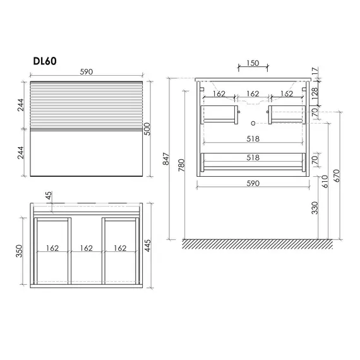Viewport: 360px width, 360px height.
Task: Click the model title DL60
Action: pos(45,61)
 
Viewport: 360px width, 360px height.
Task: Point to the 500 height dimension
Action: pos(147,129)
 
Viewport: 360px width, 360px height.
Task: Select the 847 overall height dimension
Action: pos(166,159)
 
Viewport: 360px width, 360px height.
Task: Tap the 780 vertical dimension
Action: pos(181,165)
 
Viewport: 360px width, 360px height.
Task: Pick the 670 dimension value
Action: pos(337,176)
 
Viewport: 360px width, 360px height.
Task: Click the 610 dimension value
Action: pos(325,181)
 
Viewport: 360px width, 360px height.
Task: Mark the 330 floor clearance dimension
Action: pos(315,208)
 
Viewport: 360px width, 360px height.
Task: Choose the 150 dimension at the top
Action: pos(253,63)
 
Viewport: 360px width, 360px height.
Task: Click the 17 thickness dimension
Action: pos(315,71)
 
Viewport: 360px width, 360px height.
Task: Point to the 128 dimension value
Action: pos(315,93)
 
